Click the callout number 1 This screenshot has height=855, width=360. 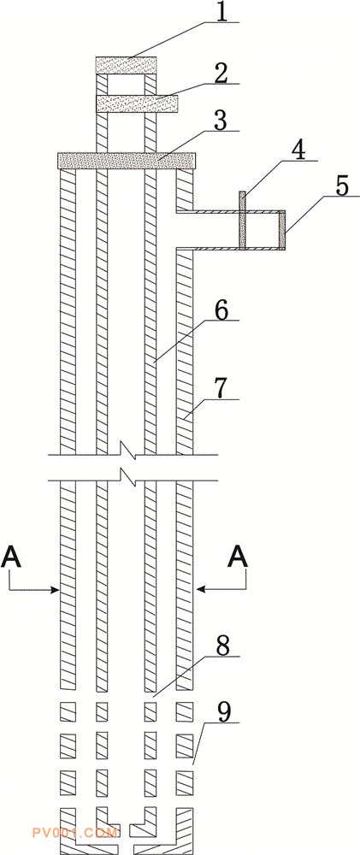221,12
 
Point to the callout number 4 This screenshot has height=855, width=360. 300,149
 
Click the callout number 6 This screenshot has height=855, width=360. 223,311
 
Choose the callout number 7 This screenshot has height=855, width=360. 223,389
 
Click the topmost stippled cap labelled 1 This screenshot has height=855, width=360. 126,65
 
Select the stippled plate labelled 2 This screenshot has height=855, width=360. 136,103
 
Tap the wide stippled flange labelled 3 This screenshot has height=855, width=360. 127,161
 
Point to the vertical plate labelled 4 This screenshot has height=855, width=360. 242,220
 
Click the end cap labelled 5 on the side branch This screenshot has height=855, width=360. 282,230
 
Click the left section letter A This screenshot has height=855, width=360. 11,558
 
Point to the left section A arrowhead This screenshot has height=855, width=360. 55,589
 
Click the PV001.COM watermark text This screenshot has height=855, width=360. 74,833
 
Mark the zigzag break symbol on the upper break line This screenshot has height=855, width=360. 127,452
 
